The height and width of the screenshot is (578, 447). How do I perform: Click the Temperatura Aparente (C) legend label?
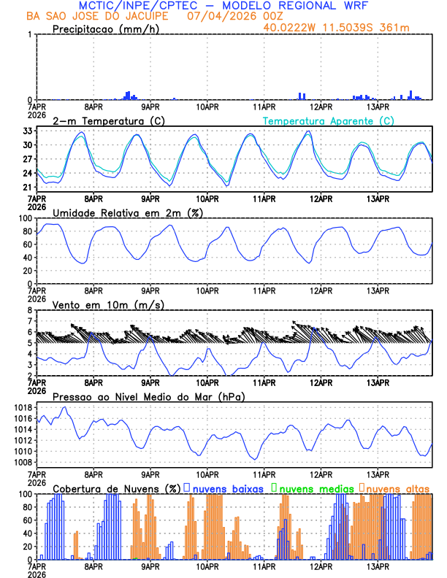point(328,120)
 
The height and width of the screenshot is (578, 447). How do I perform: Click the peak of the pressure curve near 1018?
point(66,407)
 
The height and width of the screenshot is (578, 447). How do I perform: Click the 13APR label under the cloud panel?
point(378,566)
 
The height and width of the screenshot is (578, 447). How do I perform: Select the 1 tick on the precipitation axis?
point(30,34)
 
